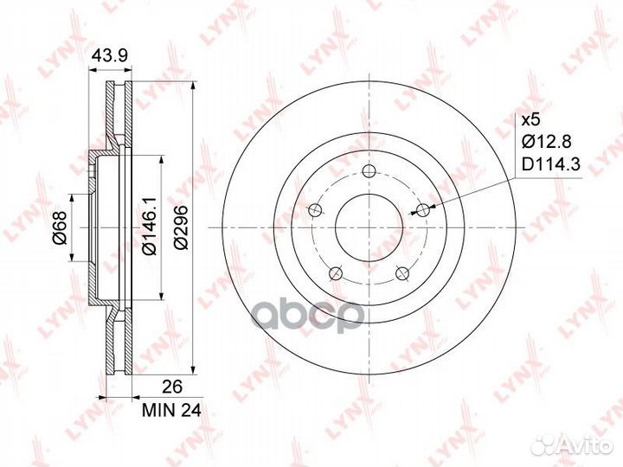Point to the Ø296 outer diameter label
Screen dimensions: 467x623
(180, 228)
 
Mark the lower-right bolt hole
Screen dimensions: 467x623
(401, 274)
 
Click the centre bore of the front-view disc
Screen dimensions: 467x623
(368, 228)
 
